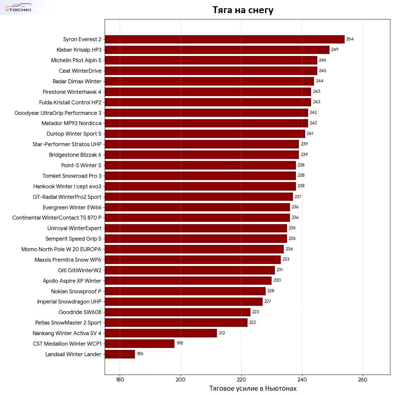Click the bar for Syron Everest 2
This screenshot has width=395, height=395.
point(224,39)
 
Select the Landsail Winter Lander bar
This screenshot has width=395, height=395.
point(120,354)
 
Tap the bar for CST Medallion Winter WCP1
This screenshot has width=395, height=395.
point(140,344)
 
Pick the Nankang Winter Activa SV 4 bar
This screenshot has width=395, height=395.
point(161,333)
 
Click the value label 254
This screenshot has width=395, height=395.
point(350,39)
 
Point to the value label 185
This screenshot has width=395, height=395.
point(140,354)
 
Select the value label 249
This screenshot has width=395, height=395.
point(334,50)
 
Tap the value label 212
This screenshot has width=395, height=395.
point(222,333)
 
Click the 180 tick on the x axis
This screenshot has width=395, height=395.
point(120,380)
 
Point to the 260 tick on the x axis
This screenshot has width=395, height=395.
point(362,380)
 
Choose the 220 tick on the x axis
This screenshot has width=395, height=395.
point(241,380)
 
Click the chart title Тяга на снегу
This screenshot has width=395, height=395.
point(243,10)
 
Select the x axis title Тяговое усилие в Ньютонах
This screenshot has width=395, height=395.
point(253,388)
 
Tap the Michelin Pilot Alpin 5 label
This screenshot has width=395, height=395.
point(76,60)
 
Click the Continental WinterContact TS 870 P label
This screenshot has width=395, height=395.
point(57,218)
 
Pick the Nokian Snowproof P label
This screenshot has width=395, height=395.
point(76,291)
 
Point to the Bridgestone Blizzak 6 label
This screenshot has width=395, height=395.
point(75,155)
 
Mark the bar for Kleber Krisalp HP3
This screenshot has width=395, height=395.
point(217,50)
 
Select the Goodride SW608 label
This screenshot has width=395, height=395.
point(80,312)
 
